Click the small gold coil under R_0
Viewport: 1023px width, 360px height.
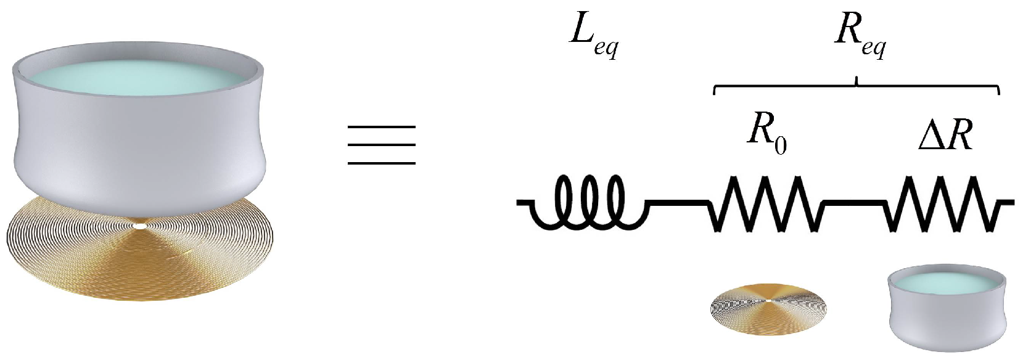click(768, 306)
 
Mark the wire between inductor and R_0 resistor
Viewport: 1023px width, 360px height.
click(678, 202)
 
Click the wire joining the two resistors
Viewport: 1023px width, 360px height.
click(854, 202)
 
